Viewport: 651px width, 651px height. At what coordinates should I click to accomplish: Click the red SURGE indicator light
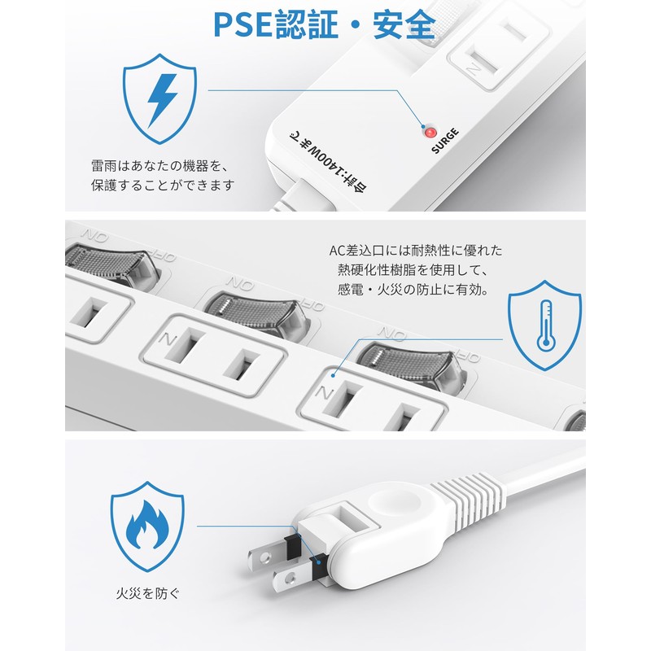[x=429, y=130]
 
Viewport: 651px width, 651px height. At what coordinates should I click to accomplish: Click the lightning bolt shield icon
[x=163, y=100]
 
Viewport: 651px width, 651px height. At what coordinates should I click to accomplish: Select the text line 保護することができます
[x=163, y=185]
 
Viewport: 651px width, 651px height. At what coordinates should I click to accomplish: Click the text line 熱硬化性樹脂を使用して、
[x=415, y=270]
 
